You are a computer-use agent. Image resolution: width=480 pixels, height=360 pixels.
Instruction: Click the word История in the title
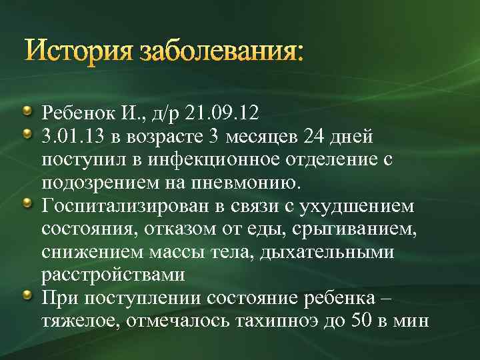point(79,51)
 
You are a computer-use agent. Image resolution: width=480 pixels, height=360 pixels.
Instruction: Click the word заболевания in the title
point(221,51)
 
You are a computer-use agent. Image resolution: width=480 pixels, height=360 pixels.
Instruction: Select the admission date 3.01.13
point(71,136)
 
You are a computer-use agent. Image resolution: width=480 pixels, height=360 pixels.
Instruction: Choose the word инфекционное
point(217,159)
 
